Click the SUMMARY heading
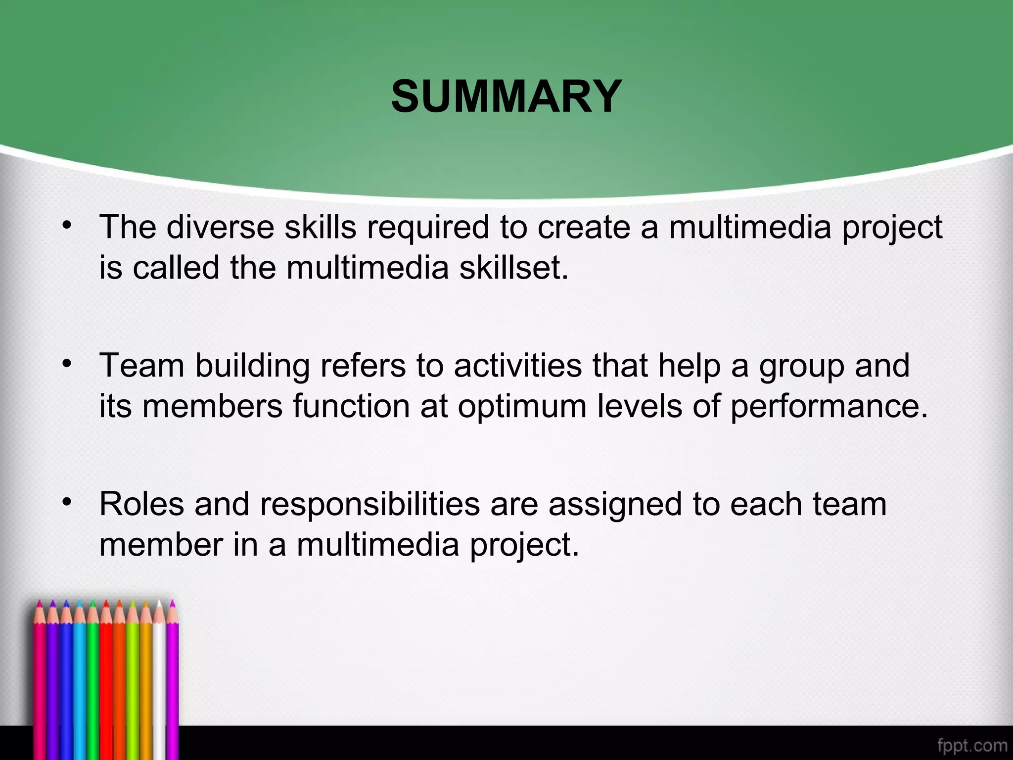[x=506, y=96]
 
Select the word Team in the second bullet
[x=141, y=366]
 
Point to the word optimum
[x=521, y=406]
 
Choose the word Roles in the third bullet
[x=141, y=504]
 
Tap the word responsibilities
[x=370, y=505]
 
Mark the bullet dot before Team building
[x=67, y=364]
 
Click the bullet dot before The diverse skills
[x=67, y=225]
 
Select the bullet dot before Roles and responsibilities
[x=67, y=502]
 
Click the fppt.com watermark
[x=972, y=745]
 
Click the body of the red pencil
[x=106, y=683]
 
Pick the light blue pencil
[x=79, y=683]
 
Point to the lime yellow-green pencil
[x=133, y=683]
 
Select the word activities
[x=517, y=366]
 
